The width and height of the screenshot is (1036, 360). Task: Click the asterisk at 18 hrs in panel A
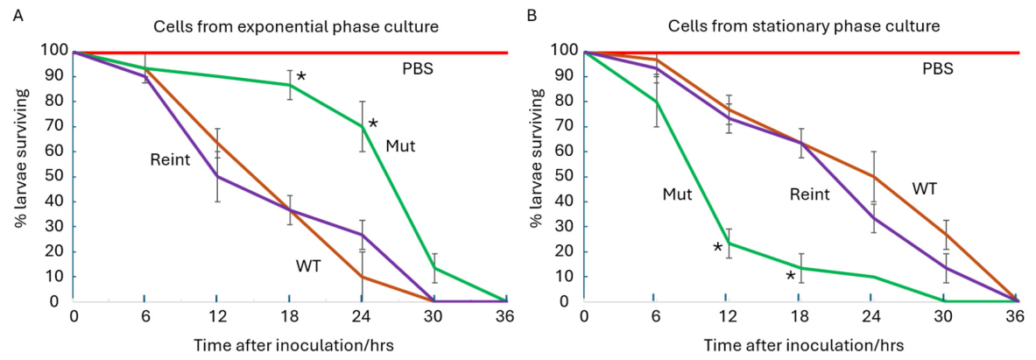[301, 77]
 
